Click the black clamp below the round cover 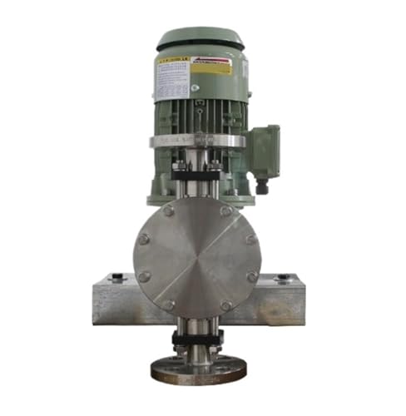tap(197, 338)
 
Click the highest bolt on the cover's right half tap(225, 211)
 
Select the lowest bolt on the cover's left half tap(170, 305)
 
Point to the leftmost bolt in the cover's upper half tap(145, 239)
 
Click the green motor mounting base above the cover tap(197, 197)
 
